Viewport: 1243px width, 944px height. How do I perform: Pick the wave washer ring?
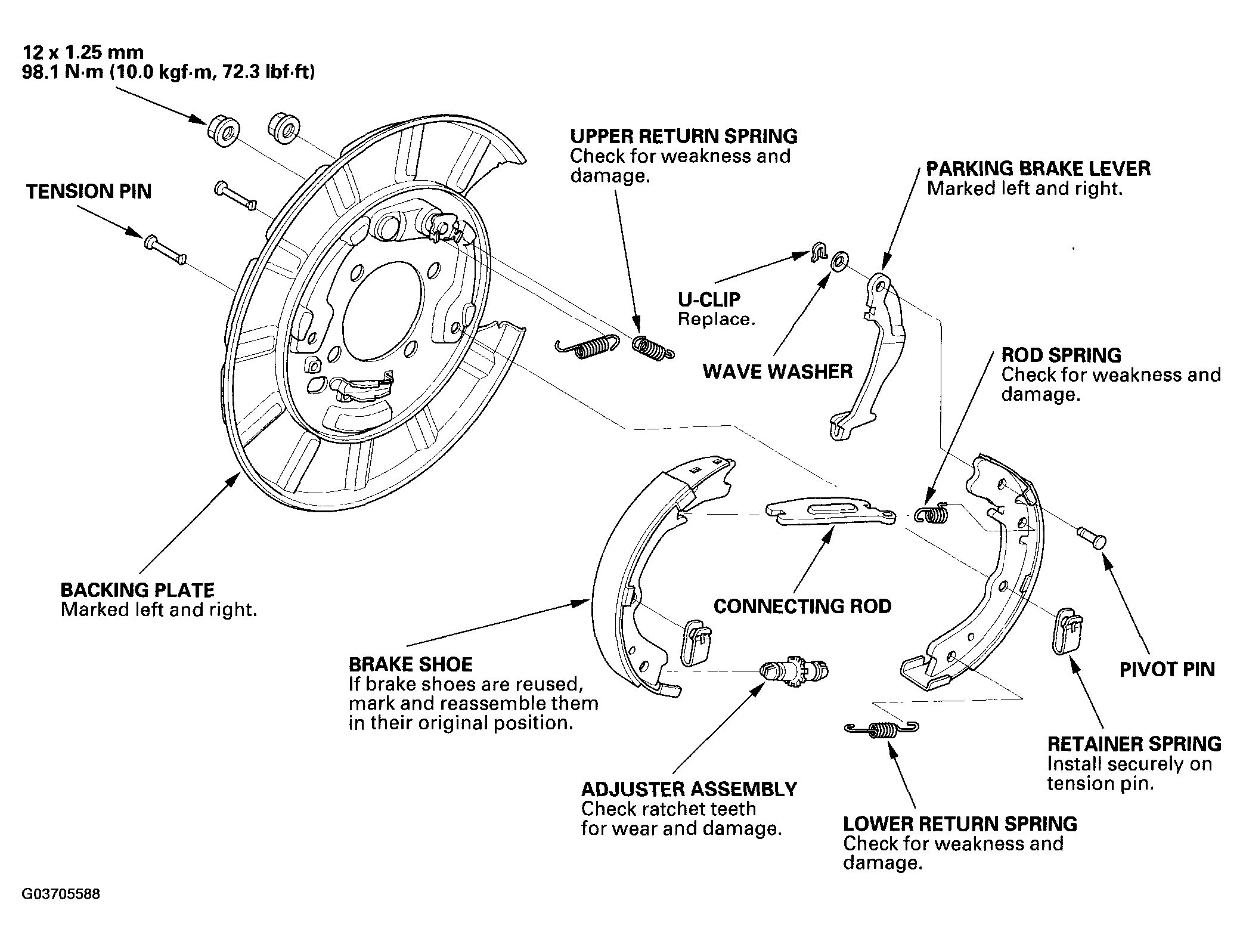tap(839, 261)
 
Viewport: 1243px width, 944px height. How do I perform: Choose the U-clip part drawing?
tap(820, 253)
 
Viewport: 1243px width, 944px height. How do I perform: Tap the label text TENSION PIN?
tap(89, 192)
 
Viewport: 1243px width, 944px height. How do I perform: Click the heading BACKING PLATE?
tap(138, 590)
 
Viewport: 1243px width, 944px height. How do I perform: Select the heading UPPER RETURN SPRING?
tap(684, 137)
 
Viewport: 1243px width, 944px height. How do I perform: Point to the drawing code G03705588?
tap(61, 895)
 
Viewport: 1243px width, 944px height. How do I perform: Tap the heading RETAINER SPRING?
tap(1134, 744)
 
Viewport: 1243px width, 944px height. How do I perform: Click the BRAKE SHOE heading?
tap(411, 665)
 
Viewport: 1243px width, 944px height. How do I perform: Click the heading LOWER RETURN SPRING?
tap(960, 824)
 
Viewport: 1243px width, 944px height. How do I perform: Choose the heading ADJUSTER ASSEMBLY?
tap(689, 790)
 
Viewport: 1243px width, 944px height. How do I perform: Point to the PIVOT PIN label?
tap(1167, 670)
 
